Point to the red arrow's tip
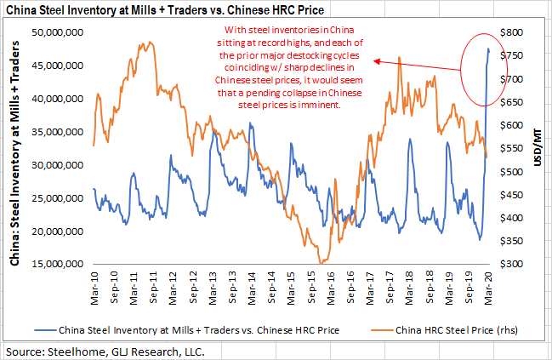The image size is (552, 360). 374,60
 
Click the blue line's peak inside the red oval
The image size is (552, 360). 488,49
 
